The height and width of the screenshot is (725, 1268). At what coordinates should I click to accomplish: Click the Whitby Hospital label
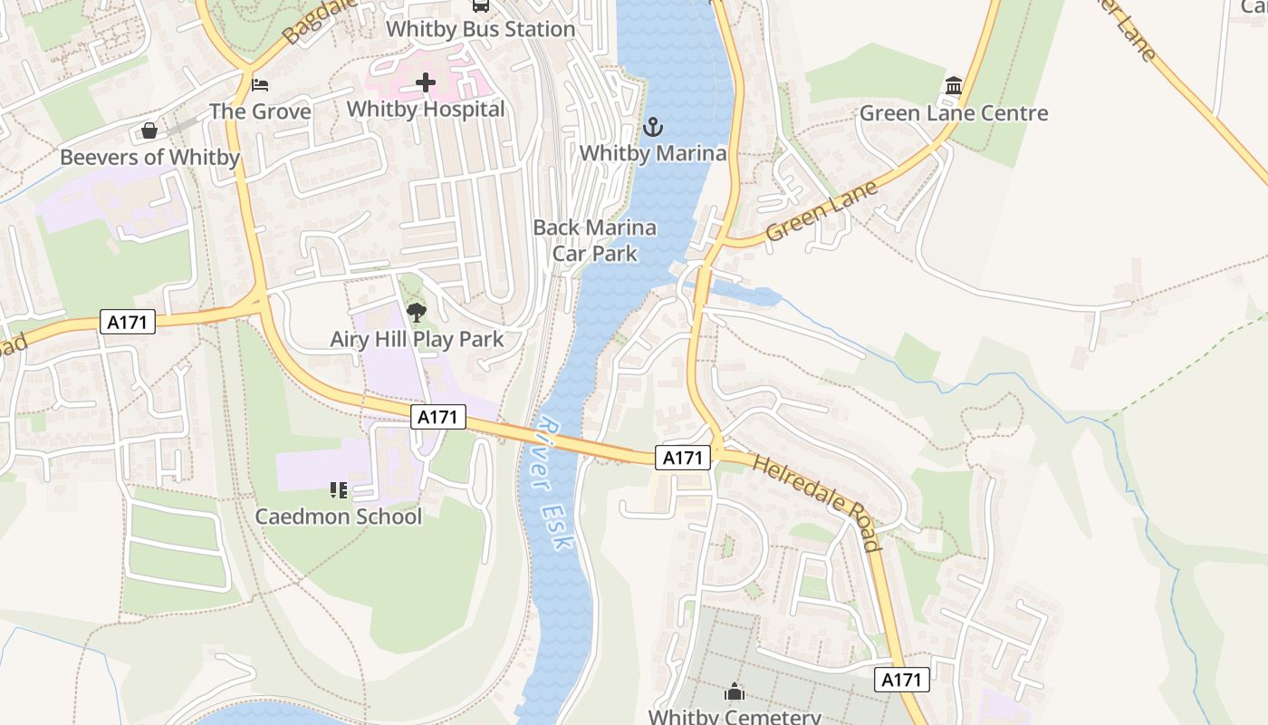[x=426, y=109]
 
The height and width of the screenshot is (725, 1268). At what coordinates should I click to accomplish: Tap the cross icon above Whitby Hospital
[x=426, y=83]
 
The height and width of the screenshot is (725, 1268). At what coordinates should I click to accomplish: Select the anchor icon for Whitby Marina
[x=652, y=127]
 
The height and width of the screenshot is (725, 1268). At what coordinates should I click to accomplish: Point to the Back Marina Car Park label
[x=594, y=240]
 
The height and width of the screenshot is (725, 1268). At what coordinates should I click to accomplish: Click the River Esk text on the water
[x=554, y=484]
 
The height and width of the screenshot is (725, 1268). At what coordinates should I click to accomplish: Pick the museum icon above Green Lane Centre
[x=953, y=86]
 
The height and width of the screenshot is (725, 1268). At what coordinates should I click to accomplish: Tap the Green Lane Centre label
[x=953, y=113]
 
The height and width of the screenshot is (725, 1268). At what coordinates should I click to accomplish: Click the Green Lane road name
[x=821, y=210]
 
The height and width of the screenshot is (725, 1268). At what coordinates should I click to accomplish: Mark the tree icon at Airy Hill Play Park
[x=417, y=314]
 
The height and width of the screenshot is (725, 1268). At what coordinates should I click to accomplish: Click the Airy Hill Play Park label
[x=417, y=340]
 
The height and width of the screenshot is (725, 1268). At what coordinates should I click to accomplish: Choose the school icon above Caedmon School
[x=339, y=490]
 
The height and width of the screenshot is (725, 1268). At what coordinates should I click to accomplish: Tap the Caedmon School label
[x=339, y=517]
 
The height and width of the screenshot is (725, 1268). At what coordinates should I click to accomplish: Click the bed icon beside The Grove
[x=260, y=85]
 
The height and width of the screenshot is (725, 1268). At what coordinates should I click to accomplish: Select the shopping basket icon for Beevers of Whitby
[x=149, y=131]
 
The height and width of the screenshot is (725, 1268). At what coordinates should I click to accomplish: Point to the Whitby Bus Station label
[x=480, y=29]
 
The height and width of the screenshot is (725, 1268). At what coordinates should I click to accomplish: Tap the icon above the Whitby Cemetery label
[x=734, y=692]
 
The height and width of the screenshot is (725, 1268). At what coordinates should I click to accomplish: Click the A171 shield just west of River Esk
[x=438, y=417]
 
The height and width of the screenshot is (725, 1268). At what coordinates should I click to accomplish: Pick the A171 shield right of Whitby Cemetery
[x=903, y=680]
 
